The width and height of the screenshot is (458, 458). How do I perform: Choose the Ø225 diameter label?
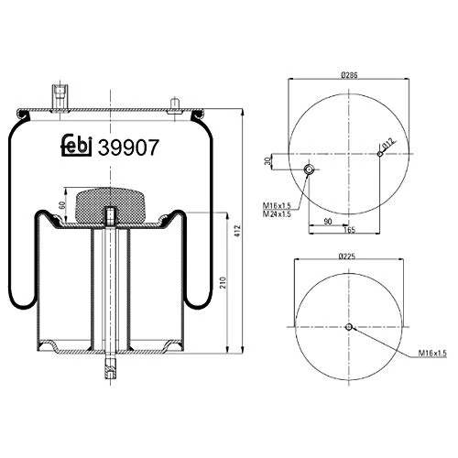[348, 256]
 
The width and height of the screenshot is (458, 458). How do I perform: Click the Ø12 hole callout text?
[387, 144]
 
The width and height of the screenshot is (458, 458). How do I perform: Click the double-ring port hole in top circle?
[309, 169]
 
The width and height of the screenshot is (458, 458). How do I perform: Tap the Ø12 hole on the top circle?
[379, 153]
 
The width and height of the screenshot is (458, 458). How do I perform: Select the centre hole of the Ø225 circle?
[349, 327]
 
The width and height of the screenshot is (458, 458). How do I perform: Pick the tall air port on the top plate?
[61, 96]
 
